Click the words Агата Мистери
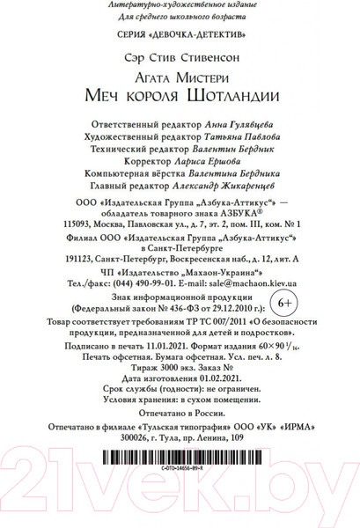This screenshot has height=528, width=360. point(180,77)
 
